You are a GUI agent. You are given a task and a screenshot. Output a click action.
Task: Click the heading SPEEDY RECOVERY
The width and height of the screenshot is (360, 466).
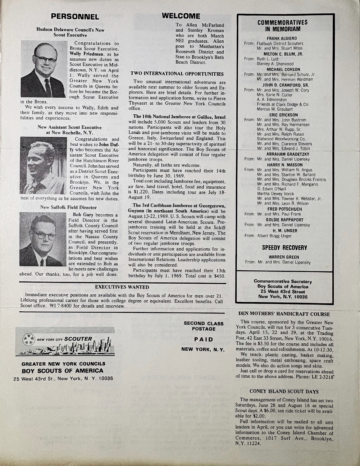[x=284, y=248]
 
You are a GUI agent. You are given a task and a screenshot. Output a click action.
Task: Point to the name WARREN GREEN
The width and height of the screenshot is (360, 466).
[x=284, y=257]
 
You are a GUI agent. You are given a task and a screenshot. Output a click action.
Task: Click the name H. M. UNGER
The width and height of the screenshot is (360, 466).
[x=284, y=230]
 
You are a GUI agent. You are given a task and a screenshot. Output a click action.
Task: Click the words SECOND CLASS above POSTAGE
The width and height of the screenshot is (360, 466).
[x=203, y=323]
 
